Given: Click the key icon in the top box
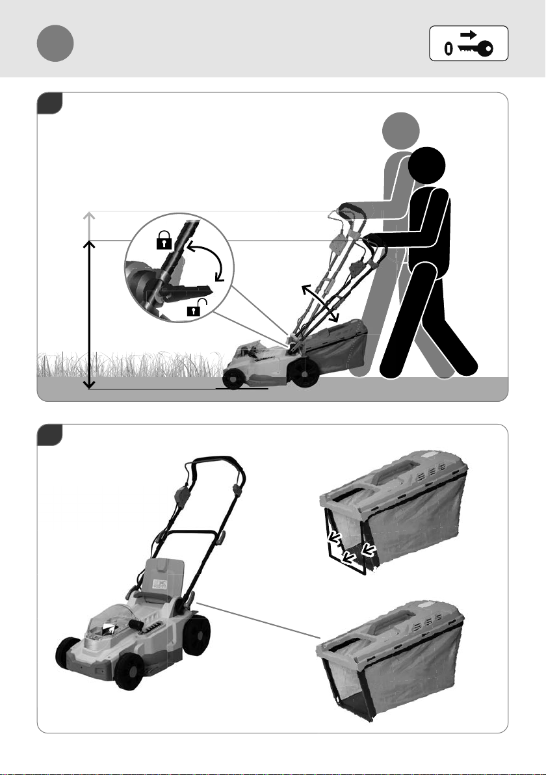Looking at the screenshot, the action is (475, 48).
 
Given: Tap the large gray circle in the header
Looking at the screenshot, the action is (55, 43).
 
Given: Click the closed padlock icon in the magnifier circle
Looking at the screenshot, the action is (164, 241).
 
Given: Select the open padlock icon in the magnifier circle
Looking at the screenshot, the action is (194, 308).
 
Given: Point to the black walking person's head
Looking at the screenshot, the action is (427, 166).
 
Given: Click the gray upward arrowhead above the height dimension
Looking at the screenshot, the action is (89, 217).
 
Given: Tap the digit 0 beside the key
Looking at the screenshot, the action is (448, 48).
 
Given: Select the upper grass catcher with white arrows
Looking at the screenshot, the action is (394, 512).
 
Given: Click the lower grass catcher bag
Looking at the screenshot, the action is (391, 660).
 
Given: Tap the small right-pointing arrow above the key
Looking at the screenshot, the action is (469, 34).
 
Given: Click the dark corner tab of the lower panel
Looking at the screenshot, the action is (49, 434).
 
